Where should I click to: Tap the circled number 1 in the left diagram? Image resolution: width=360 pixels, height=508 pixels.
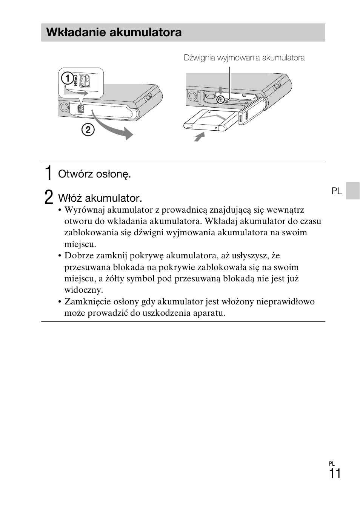point(68,79)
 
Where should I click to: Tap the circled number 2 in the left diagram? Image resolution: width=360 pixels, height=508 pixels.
point(88,130)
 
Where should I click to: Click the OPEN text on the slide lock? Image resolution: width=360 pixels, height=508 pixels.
point(75,80)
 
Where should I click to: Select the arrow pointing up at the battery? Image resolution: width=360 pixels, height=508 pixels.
point(199,136)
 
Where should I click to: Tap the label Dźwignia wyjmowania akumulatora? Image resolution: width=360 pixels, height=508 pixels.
point(244,58)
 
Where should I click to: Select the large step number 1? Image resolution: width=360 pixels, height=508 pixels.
point(48,173)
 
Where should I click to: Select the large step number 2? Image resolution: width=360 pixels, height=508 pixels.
point(48,198)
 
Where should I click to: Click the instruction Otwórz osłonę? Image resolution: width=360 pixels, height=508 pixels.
point(94,174)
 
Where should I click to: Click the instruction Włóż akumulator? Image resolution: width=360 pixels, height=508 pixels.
point(100,198)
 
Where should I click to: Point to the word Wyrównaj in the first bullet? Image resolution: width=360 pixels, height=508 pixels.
point(83,210)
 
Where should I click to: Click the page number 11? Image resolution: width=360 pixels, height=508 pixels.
point(334,474)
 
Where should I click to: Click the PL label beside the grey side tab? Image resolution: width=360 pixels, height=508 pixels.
point(337,191)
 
